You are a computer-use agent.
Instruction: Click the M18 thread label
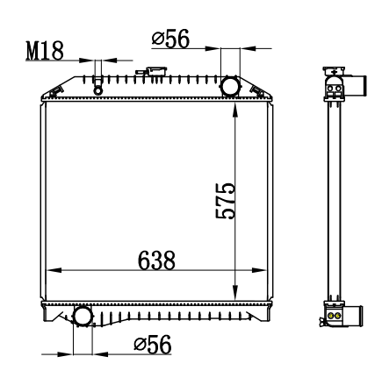(45, 51)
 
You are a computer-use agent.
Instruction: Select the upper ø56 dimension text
(170, 39)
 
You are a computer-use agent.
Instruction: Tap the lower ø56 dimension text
(153, 345)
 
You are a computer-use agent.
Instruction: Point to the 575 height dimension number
(225, 201)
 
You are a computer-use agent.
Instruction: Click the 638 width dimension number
(156, 260)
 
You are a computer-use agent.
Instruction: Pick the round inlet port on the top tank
(230, 86)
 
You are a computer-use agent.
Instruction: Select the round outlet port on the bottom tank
(83, 316)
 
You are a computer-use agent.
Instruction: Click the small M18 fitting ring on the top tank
(98, 90)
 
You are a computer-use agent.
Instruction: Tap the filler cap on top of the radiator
(156, 71)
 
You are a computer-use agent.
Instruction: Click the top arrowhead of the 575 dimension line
(235, 111)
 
